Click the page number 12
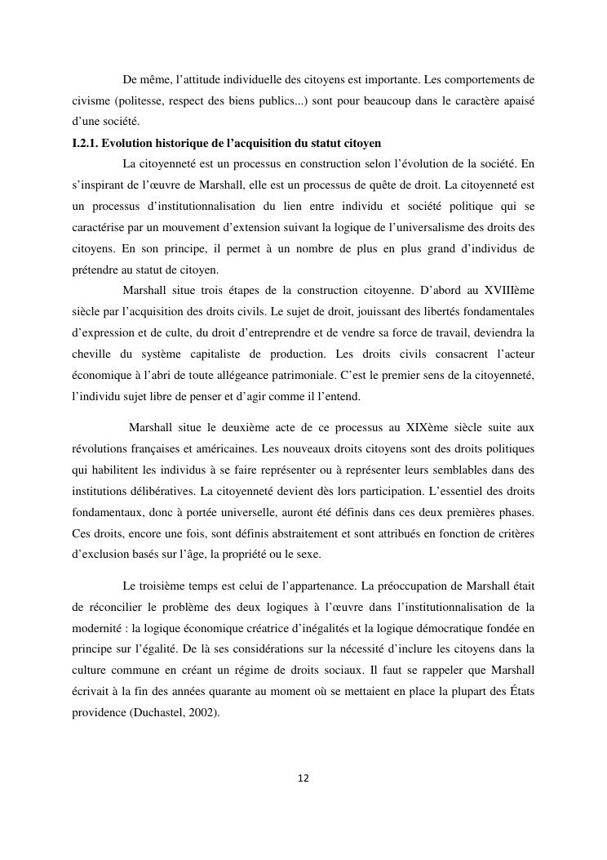tap(303, 778)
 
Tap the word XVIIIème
tap(507, 290)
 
